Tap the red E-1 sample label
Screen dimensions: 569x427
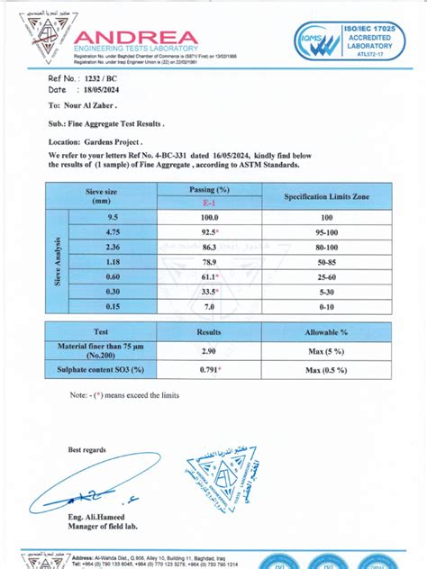coord(209,204)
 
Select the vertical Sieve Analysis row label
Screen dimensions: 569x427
coord(58,263)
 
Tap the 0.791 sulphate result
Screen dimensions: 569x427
coord(209,369)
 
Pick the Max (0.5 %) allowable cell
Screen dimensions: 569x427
coord(326,369)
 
